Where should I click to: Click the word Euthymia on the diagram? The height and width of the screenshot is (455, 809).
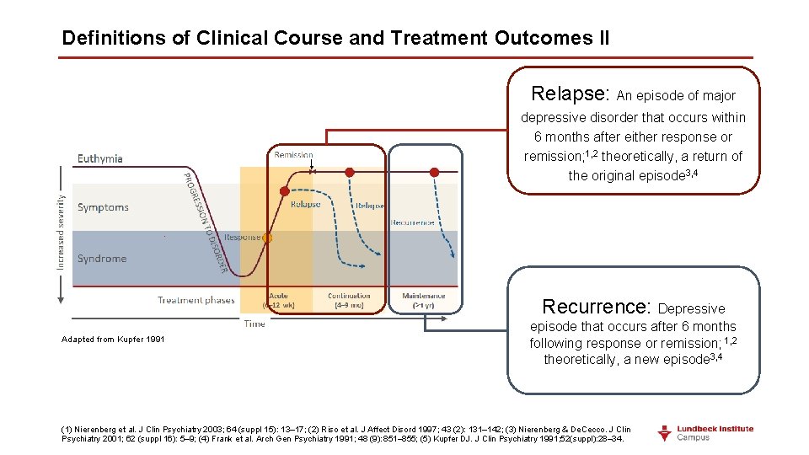(x=100, y=158)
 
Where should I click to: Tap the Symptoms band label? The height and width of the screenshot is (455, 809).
(x=103, y=207)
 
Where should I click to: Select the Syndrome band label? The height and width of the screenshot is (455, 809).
(x=102, y=259)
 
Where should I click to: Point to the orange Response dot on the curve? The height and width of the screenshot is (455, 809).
(x=267, y=238)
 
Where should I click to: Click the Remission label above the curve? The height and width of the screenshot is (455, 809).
(x=293, y=155)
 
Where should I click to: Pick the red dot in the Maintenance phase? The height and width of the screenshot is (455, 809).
(x=434, y=172)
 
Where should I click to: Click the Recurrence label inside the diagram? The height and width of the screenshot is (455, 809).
(x=412, y=222)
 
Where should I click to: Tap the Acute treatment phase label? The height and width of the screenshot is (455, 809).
(x=278, y=296)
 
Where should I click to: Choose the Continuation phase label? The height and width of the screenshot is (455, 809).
(x=349, y=296)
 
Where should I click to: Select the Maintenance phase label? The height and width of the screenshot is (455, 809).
(x=423, y=296)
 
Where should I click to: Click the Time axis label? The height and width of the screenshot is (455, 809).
(x=254, y=324)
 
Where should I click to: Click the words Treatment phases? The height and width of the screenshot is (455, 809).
(x=196, y=300)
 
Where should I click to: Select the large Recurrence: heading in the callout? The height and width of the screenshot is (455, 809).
(x=597, y=306)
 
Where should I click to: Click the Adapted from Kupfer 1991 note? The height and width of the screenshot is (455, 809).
(x=113, y=340)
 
